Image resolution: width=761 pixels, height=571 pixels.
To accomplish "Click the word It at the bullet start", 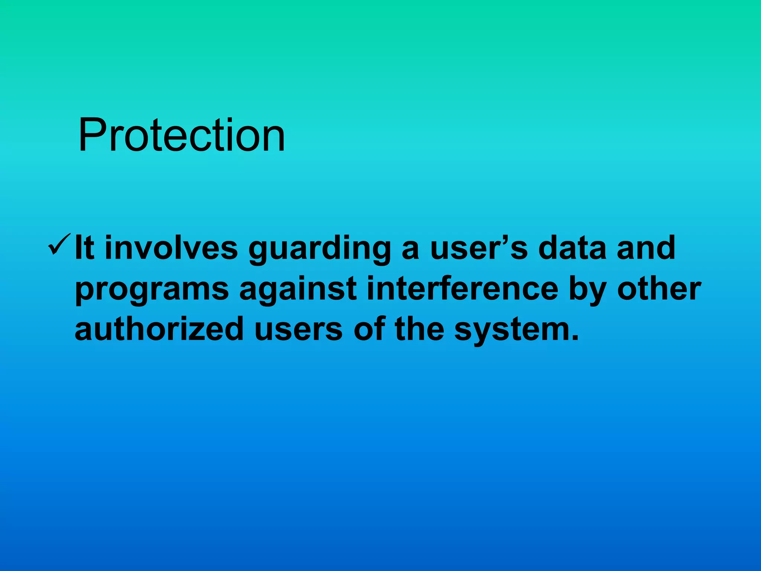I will (x=84, y=248).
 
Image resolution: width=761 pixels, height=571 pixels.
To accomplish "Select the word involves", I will (x=171, y=248).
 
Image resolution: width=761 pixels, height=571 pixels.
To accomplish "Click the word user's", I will (x=479, y=248).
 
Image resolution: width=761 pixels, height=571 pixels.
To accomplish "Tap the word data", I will (x=572, y=248).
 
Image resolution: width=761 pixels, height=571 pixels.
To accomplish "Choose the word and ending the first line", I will (x=646, y=248).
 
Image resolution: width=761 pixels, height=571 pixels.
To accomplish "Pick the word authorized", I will (x=159, y=329).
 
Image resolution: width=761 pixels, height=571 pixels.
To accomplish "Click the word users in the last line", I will (x=298, y=329).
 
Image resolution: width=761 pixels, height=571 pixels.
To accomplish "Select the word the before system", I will (x=419, y=329).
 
